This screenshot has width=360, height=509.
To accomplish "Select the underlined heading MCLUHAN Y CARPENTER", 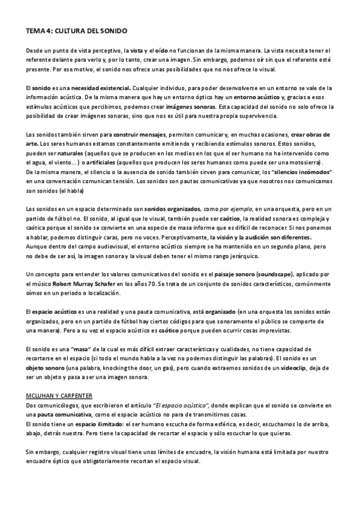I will tap(59, 396).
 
